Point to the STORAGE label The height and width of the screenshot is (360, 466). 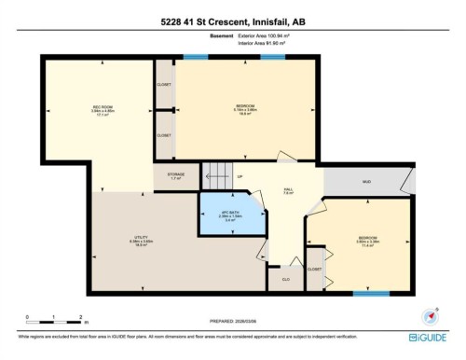(175, 175)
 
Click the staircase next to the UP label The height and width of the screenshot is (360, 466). (216, 174)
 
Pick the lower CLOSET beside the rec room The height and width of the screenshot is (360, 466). (164, 135)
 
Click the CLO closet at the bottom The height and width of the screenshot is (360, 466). (284, 277)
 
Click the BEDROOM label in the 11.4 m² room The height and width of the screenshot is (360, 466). (366, 240)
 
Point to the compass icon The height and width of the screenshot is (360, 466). (432, 316)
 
